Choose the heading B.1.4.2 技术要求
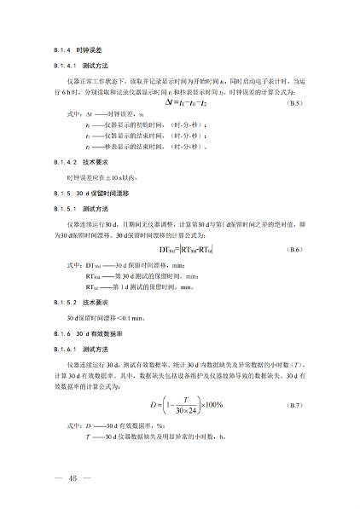(x=76, y=161)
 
